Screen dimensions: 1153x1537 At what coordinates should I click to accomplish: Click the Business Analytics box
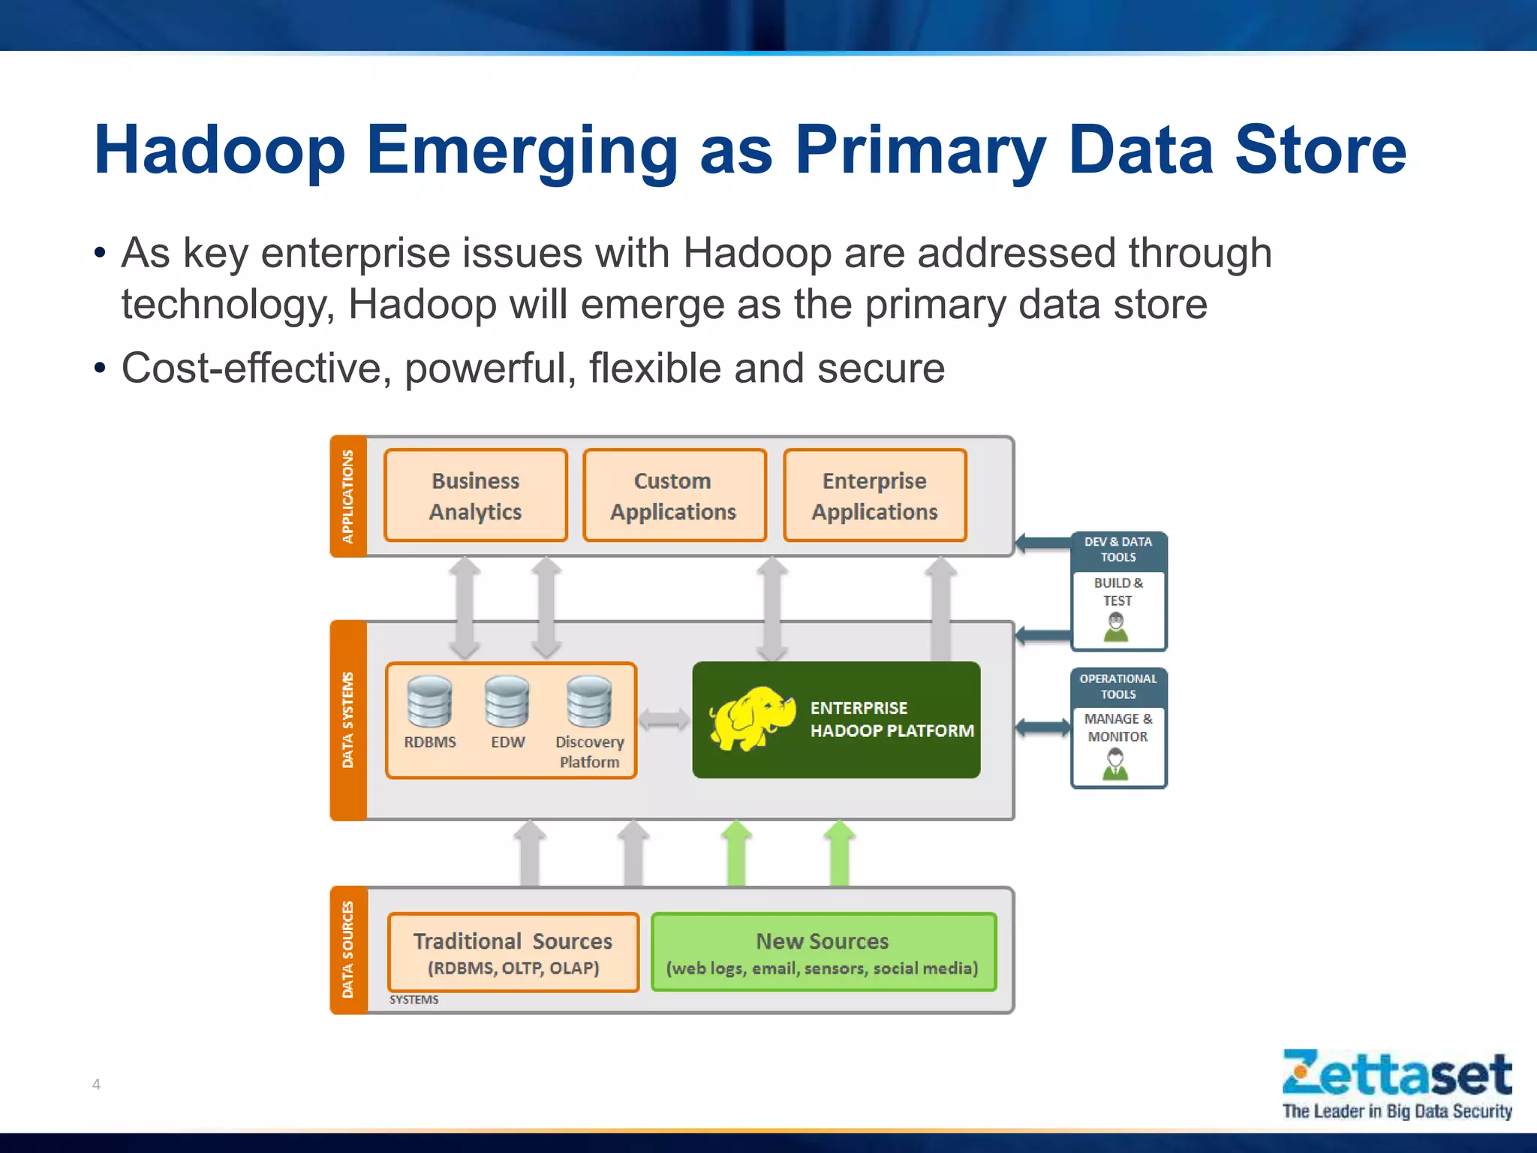coord(475,495)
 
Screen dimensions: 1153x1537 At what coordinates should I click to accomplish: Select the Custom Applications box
coord(674,495)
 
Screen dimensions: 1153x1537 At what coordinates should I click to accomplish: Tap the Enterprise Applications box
coord(874,495)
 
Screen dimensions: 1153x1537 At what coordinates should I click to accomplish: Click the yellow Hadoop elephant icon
coord(751,718)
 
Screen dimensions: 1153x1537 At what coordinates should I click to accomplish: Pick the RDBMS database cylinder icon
coord(429,702)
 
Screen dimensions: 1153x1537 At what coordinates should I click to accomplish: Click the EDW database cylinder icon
coord(507,702)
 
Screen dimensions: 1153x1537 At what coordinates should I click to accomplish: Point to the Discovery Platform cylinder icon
coord(589,702)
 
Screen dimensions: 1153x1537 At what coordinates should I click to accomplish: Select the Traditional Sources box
coord(513,952)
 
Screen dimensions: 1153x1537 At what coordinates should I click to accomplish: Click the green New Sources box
coord(823,952)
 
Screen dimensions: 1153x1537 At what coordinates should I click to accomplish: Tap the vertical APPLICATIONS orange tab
coord(348,496)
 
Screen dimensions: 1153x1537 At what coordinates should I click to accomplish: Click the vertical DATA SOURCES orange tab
coord(348,950)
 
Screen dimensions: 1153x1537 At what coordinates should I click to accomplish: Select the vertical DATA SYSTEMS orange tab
coord(348,720)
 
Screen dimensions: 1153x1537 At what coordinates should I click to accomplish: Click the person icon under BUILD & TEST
coord(1116,628)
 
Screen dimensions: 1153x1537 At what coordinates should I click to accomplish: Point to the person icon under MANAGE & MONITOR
coord(1116,765)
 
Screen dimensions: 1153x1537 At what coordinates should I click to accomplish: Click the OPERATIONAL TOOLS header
coord(1118,686)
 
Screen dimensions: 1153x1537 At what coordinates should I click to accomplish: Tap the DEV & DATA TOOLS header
coord(1118,549)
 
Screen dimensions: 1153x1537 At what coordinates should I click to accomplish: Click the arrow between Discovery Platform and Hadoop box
coord(664,720)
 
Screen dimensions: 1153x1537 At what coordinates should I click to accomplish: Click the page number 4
coord(96,1084)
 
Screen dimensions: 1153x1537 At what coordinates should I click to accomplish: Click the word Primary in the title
coord(919,150)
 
